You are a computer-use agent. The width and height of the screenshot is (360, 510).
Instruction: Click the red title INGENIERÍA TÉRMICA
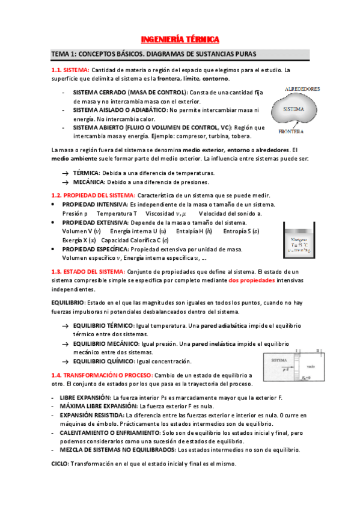[x=180, y=40]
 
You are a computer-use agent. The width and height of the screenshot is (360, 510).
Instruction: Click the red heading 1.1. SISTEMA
[x=70, y=69]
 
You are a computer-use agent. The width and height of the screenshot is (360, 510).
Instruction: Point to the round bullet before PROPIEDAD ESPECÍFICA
[x=53, y=249]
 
